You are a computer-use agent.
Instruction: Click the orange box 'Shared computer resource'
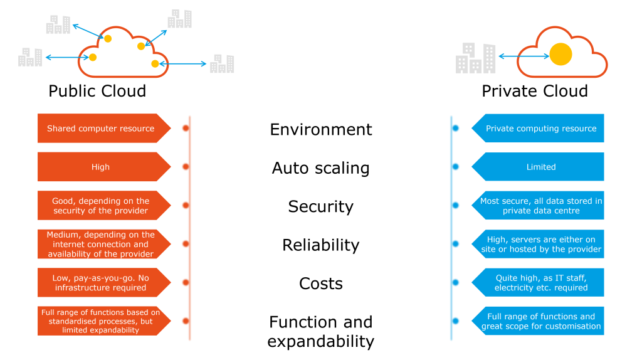(x=101, y=129)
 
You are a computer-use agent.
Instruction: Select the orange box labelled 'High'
(x=101, y=167)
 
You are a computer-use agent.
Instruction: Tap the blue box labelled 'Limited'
(x=540, y=167)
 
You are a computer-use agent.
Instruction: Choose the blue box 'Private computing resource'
(x=540, y=129)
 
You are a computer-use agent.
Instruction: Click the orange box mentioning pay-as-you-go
(x=101, y=282)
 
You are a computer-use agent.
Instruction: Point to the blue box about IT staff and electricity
(x=540, y=282)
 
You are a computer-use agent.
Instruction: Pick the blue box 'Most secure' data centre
(x=540, y=206)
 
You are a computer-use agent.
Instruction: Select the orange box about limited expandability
(x=101, y=320)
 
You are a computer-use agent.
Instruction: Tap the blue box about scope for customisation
(x=540, y=320)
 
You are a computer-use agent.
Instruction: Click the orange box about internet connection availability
(x=101, y=244)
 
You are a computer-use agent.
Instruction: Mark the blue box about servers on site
(x=540, y=244)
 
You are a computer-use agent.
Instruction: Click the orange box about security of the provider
(x=101, y=206)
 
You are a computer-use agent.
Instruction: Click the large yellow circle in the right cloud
(x=560, y=55)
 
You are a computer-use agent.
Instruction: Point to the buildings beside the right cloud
(x=475, y=58)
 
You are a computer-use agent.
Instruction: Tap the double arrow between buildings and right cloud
(x=524, y=56)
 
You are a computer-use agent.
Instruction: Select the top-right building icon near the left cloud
(x=180, y=19)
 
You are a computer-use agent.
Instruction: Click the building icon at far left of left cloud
(x=30, y=57)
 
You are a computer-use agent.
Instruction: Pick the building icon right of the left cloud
(x=222, y=64)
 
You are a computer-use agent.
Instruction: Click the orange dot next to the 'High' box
(x=185, y=167)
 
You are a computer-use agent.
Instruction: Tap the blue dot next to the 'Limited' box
(x=456, y=167)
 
